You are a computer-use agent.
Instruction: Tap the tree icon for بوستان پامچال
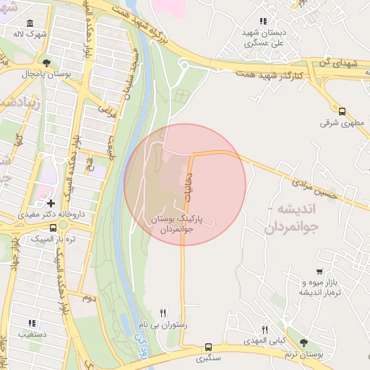click(47, 63)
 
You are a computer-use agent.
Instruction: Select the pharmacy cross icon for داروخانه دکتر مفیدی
click(51, 204)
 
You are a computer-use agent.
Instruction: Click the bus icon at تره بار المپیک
click(53, 228)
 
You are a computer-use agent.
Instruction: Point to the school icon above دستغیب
click(31, 323)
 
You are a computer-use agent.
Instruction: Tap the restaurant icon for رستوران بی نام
click(163, 313)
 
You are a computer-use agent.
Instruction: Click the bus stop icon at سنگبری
click(208, 347)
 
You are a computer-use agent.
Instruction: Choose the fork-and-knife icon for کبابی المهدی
click(264, 329)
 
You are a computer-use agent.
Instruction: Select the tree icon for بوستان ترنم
click(302, 343)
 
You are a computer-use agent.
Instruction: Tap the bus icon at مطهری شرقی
click(342, 111)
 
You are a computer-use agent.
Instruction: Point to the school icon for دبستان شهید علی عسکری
click(262, 22)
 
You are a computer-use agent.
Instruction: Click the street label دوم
click(87, 298)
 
